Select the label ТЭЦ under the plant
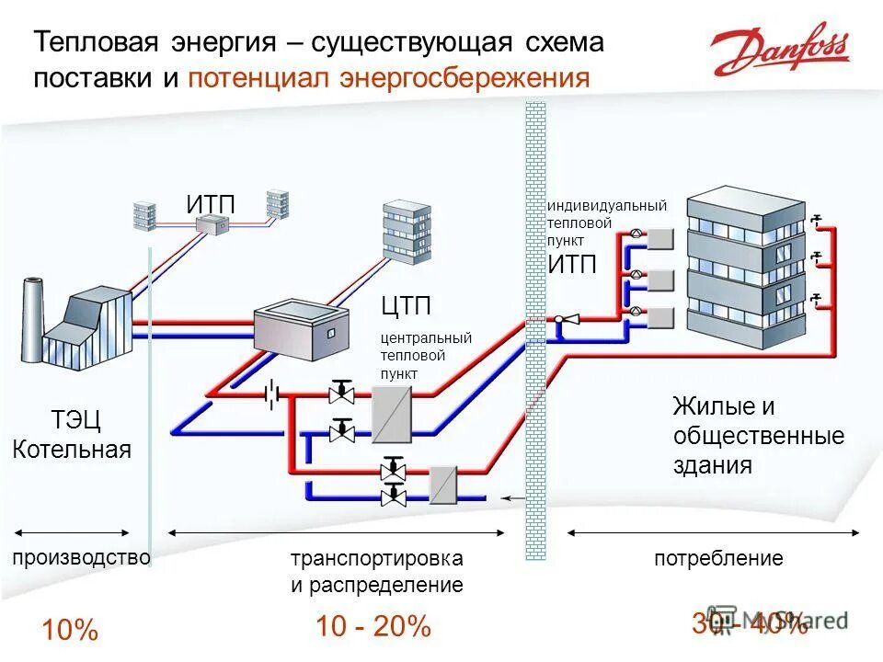coord(75,421)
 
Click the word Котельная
coord(72,450)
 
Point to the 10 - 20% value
coord(373,627)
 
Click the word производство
coord(81,558)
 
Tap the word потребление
coord(718,558)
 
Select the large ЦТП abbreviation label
coord(406,305)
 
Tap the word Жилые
coord(710,405)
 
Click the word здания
coord(712,465)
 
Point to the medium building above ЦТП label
coord(407,231)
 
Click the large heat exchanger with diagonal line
coord(391,413)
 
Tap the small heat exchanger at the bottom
coord(444,483)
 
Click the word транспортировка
coord(377,558)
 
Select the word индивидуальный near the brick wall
coord(606,206)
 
